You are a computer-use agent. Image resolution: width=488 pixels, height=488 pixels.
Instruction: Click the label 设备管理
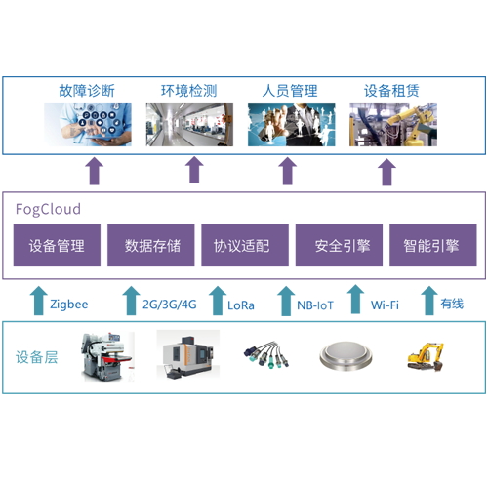57,246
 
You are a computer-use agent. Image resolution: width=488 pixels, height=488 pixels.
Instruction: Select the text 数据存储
152,246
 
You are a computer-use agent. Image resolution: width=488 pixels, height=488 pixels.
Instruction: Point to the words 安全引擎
343,246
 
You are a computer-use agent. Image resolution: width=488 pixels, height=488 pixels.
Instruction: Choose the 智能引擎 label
430,246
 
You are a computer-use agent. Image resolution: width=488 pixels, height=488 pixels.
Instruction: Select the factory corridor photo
190,121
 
